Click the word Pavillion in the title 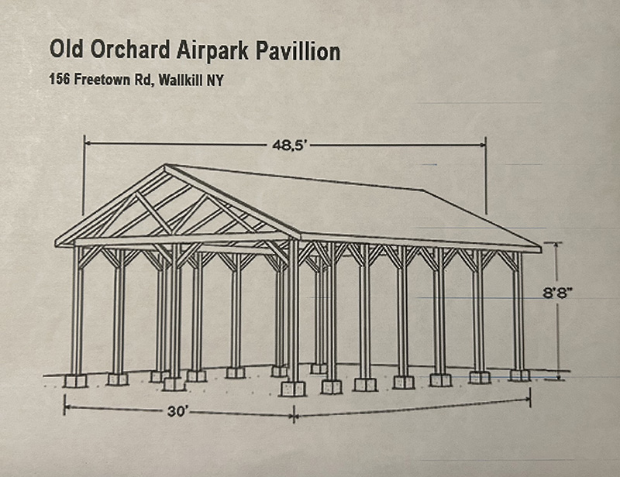298,50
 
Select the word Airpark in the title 212,51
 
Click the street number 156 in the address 60,79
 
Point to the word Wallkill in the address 180,81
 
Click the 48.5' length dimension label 289,146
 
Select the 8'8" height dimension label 557,293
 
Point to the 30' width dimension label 176,411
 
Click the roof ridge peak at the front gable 165,165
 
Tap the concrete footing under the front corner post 293,388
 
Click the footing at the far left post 75,380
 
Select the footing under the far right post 519,375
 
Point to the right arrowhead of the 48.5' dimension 482,145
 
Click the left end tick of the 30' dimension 64,406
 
